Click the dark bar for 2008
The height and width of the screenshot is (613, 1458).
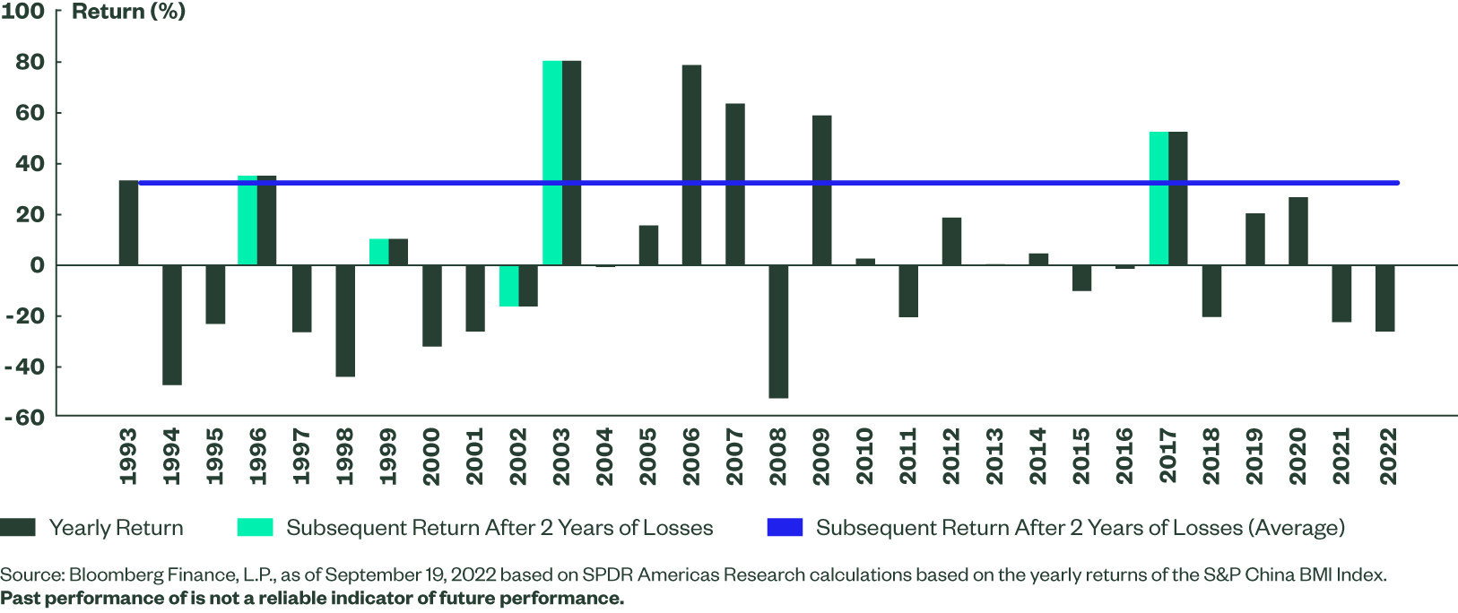pyautogui.click(x=778, y=331)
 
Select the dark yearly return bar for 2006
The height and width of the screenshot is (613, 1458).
pyautogui.click(x=691, y=165)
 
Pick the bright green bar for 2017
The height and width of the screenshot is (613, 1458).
pyautogui.click(x=1159, y=198)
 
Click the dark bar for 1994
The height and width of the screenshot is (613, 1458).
pyautogui.click(x=172, y=324)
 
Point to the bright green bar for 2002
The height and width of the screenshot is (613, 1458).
pyautogui.click(x=508, y=286)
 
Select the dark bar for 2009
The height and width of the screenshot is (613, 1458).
pyautogui.click(x=821, y=190)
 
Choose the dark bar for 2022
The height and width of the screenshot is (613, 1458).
pyautogui.click(x=1384, y=298)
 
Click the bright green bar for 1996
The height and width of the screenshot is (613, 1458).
pyautogui.click(x=247, y=220)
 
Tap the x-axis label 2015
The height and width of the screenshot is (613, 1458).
pyautogui.click(x=1081, y=456)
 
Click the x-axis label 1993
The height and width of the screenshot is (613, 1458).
pyautogui.click(x=128, y=456)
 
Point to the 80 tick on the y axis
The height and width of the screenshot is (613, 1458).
pyautogui.click(x=30, y=62)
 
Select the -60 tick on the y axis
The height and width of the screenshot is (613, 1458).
pyautogui.click(x=24, y=417)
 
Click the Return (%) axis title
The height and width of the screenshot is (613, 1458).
pyautogui.click(x=128, y=12)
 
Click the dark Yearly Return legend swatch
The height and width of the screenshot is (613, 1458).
pyautogui.click(x=18, y=527)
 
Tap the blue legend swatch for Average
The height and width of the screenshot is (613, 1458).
pyautogui.click(x=785, y=527)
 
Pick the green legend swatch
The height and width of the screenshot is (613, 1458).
pyautogui.click(x=255, y=527)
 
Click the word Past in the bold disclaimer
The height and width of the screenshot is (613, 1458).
pyautogui.click(x=20, y=598)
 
